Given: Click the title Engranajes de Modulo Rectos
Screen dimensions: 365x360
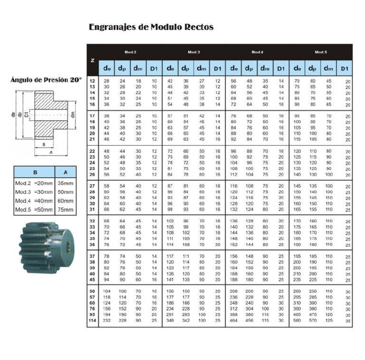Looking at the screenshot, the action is click(x=151, y=27).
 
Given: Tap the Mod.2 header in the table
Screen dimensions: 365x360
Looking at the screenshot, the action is click(x=130, y=52).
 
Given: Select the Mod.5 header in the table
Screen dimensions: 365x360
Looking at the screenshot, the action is click(x=320, y=52).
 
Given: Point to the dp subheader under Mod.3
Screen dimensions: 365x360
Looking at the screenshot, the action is click(x=185, y=68).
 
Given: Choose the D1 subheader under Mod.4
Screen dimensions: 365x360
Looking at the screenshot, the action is click(x=280, y=68).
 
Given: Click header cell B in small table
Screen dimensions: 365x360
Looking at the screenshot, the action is click(x=35, y=172).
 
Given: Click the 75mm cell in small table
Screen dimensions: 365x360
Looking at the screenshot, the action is click(x=66, y=209).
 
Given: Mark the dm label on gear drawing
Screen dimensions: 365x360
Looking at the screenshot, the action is click(x=73, y=114).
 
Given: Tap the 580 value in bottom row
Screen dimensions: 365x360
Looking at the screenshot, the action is click(x=297, y=321).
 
